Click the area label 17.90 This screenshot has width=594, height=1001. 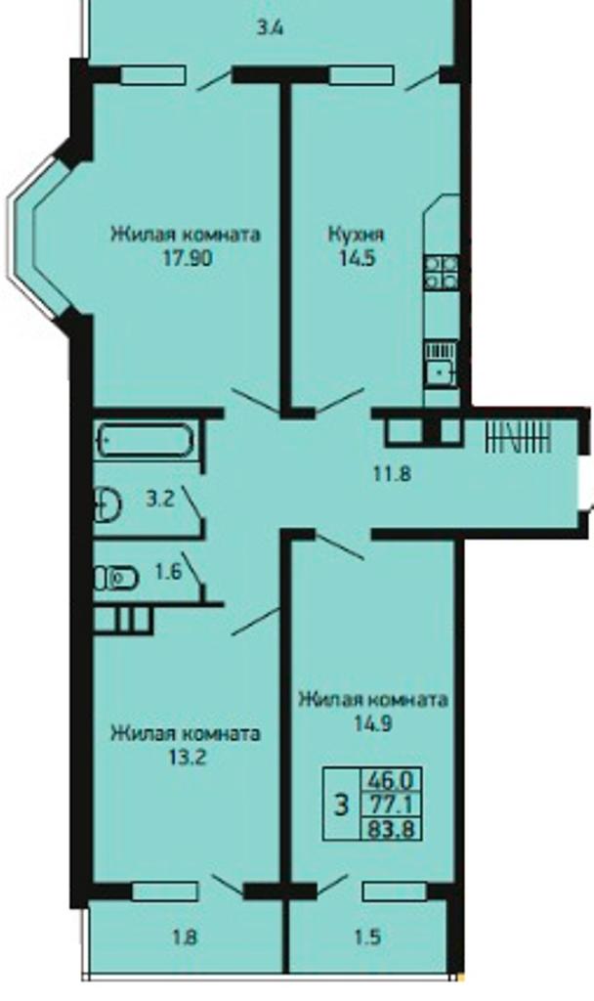(187, 258)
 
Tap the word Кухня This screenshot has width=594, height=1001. (356, 235)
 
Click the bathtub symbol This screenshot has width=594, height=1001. (145, 440)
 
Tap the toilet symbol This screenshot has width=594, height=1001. (117, 579)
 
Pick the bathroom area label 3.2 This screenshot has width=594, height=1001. (159, 499)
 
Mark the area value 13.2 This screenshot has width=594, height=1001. (186, 758)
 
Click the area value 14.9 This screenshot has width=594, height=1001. (373, 724)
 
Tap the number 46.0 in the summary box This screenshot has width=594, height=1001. (390, 779)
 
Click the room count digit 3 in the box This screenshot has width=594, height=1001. (342, 805)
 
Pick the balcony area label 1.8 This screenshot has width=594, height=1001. (184, 937)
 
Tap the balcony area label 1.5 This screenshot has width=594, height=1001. (367, 937)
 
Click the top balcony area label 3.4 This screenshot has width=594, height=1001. (270, 28)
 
